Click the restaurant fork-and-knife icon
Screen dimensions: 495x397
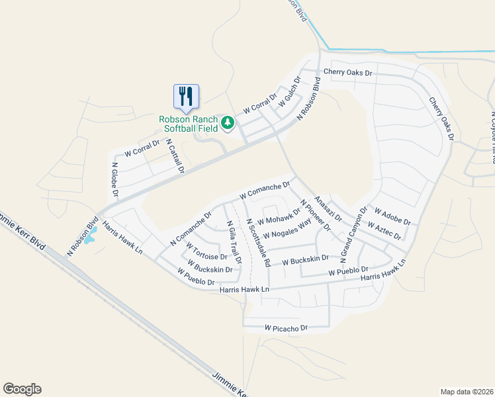(x=186, y=96)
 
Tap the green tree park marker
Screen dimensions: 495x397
(x=228, y=123)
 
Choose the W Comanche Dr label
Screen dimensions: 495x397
(x=265, y=191)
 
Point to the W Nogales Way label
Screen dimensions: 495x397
(x=287, y=230)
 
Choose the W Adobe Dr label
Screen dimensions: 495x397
(x=392, y=216)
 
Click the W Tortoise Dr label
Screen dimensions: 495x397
(x=207, y=252)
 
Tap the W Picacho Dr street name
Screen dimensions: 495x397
(x=287, y=328)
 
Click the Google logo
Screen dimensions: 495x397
(x=22, y=389)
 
